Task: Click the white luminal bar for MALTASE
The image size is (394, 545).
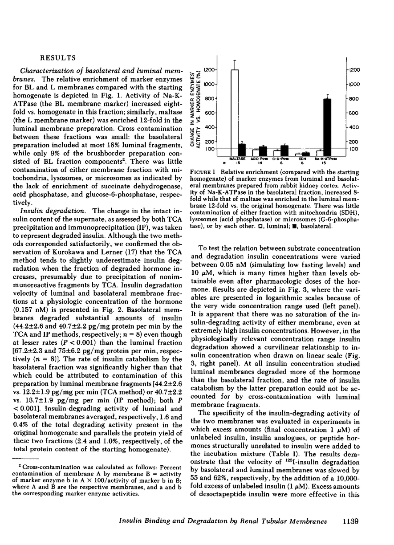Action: [x=235, y=111]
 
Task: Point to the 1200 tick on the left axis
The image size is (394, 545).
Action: [x=210, y=70]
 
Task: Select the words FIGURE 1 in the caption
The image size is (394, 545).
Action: [x=204, y=172]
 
